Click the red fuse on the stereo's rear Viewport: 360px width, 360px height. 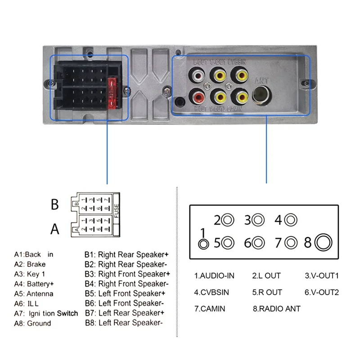[113, 92]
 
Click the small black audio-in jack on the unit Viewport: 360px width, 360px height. [180, 102]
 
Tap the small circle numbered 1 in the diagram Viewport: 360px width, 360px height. [204, 243]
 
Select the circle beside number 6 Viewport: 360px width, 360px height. [258, 243]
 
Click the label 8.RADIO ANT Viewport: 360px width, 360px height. [276, 309]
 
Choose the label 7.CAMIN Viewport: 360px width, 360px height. [210, 309]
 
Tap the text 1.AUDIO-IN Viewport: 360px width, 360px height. [214, 275]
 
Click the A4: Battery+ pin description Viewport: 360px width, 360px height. [34, 284]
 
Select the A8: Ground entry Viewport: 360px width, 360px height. [32, 323]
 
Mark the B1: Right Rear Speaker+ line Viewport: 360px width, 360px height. [127, 254]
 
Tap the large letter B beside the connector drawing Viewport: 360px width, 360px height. [54, 205]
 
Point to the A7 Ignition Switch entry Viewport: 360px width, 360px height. [46, 313]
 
